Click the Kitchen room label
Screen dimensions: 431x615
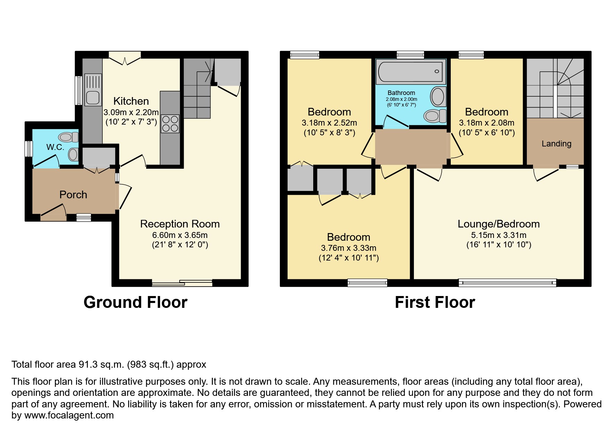[x=131, y=101]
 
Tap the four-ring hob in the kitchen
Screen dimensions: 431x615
[x=170, y=124]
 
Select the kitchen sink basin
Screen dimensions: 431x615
[x=93, y=97]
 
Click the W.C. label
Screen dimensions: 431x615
[x=55, y=147]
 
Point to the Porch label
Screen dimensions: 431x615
[x=73, y=195]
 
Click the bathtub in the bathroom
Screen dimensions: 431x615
[x=410, y=71]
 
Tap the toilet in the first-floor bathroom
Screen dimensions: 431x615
[x=435, y=115]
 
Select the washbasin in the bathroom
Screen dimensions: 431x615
[x=438, y=96]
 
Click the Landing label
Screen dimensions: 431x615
[x=556, y=144]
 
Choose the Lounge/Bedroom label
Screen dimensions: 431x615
[x=498, y=224]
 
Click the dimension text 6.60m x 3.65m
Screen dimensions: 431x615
[x=180, y=235]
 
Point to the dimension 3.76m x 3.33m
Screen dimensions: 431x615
[x=348, y=248]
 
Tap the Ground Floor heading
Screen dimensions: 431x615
[x=135, y=302]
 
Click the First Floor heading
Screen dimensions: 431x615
[x=435, y=302]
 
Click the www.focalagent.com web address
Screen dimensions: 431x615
[x=69, y=415]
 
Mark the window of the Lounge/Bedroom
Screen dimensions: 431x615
[x=507, y=283]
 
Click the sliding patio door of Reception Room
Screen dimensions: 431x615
[x=182, y=283]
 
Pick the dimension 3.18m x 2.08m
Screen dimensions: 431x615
[x=486, y=123]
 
